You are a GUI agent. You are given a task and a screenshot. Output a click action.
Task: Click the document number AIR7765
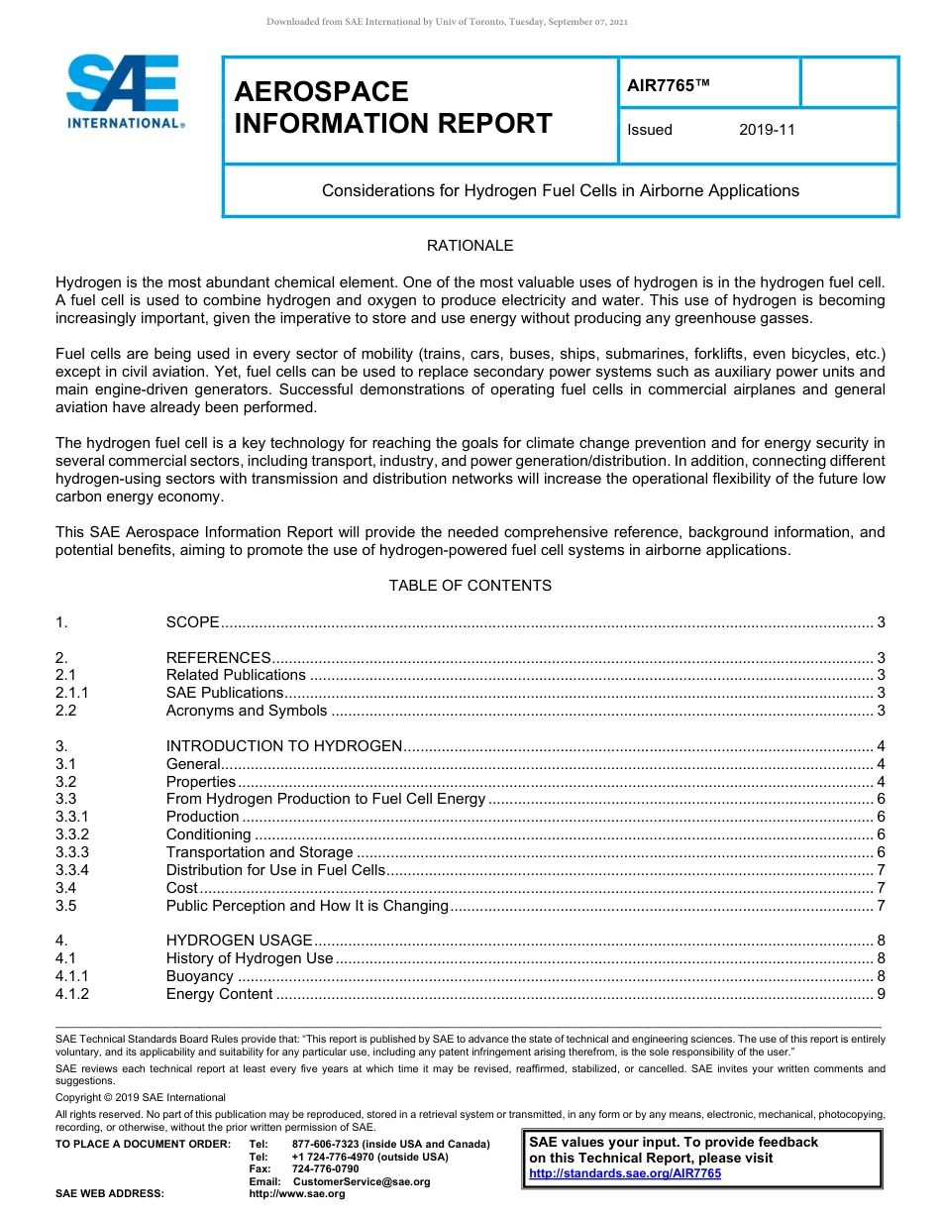[668, 86]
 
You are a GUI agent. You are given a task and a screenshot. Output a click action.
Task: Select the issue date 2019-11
[767, 130]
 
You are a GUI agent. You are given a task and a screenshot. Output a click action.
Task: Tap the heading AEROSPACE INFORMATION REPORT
[392, 107]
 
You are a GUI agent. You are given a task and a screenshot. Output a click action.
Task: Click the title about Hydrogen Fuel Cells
[560, 190]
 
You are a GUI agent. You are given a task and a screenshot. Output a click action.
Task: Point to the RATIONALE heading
[470, 246]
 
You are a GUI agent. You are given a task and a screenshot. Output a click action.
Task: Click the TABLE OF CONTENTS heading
[470, 586]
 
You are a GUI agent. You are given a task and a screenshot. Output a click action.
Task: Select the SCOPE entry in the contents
[192, 622]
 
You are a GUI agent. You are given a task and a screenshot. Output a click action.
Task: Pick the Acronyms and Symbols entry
[246, 711]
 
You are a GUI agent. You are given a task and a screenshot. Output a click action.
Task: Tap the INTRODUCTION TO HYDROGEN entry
[283, 746]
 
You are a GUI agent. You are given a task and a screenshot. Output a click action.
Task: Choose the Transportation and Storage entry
[260, 852]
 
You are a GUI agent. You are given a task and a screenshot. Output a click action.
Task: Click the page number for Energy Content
[881, 994]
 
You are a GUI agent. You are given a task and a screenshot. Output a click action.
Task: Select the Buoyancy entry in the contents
[200, 976]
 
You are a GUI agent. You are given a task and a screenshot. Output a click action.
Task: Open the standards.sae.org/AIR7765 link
[625, 1173]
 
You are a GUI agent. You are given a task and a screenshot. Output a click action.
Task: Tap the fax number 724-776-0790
[325, 1169]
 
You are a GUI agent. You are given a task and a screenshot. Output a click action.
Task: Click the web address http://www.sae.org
[297, 1193]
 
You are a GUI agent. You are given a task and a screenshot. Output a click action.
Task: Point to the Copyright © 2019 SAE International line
[141, 1097]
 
